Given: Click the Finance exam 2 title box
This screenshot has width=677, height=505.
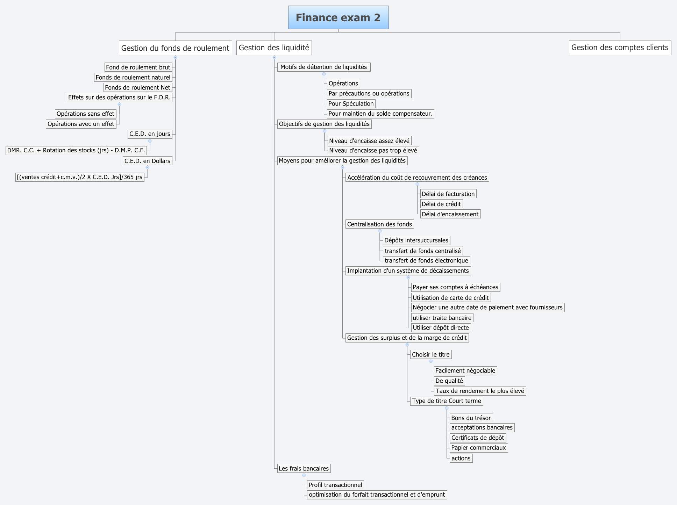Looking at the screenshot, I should click(338, 17).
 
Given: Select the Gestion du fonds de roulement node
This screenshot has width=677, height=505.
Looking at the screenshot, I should click(175, 48).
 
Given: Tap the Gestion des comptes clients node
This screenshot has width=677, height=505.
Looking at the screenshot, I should click(620, 48).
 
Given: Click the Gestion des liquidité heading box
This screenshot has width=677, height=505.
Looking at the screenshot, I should click(274, 48).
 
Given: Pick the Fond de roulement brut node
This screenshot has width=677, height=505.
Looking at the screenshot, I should click(138, 67).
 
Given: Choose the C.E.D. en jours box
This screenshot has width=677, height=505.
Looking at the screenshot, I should click(150, 134).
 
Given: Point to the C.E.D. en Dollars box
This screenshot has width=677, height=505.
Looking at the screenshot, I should click(147, 161).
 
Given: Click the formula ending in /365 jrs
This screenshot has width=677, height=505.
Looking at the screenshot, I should click(80, 177).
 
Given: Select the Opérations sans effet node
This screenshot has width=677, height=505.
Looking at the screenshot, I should click(85, 114).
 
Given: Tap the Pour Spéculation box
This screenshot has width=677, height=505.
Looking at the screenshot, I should click(351, 103).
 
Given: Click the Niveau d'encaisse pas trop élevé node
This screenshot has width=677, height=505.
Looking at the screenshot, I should click(373, 151).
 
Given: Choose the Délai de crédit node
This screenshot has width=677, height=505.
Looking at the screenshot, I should click(441, 204).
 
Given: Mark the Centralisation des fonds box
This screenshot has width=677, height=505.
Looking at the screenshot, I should click(379, 224).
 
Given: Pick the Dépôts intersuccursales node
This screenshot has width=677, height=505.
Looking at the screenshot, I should click(416, 240).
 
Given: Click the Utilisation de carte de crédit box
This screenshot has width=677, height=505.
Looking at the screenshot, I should click(450, 298).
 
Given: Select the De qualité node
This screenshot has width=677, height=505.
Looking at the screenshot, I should click(449, 381).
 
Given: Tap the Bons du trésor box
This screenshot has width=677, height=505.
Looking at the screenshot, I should click(471, 418).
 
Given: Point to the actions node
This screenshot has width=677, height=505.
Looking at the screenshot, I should click(461, 458).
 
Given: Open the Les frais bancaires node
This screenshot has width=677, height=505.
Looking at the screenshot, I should click(304, 468).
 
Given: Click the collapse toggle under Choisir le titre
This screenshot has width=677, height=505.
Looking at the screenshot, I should click(431, 361).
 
